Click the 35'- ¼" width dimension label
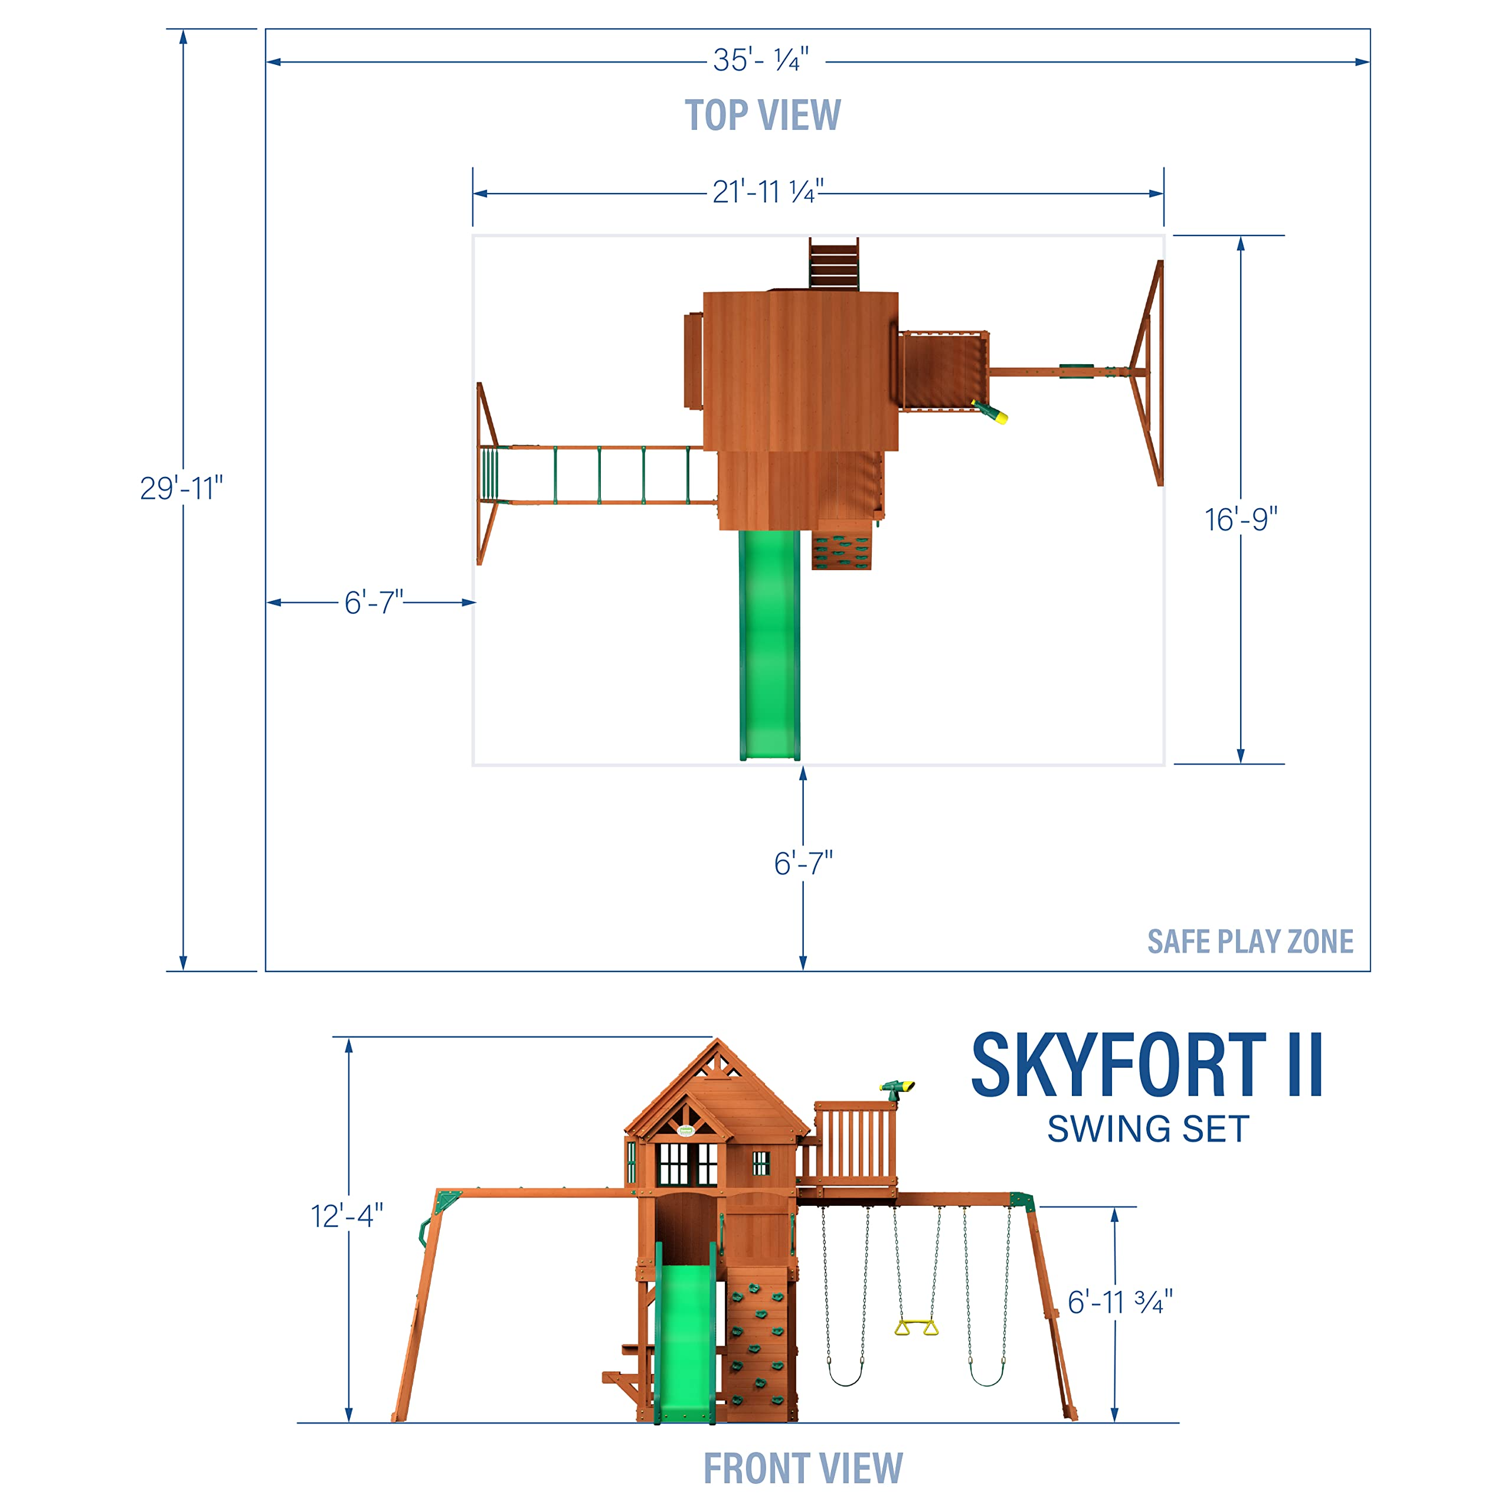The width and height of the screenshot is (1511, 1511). tap(760, 60)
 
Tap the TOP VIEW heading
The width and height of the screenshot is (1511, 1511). tap(763, 116)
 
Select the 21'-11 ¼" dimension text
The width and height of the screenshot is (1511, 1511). tap(767, 192)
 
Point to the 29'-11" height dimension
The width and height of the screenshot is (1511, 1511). tap(181, 488)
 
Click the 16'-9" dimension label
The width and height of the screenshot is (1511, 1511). tap(1241, 519)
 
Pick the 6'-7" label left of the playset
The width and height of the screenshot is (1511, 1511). tap(374, 602)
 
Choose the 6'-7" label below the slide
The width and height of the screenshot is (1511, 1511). tap(803, 864)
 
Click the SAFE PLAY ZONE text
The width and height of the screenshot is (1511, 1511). tap(1250, 941)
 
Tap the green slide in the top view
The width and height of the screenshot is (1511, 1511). tap(770, 642)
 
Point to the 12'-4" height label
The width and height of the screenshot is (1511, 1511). tap(346, 1216)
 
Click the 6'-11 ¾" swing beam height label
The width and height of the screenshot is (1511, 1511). tap(1120, 1302)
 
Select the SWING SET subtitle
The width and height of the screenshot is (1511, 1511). tap(1147, 1129)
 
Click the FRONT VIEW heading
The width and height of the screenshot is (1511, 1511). tap(803, 1468)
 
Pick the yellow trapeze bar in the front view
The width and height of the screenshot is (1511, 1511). tap(916, 1327)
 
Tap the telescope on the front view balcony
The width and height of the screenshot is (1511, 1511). tap(897, 1087)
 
